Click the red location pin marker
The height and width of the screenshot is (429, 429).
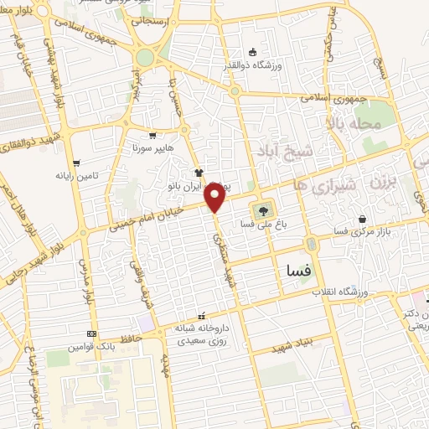tap(215, 198)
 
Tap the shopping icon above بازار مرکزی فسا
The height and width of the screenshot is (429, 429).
tap(362, 218)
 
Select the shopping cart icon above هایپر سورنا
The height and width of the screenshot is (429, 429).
tap(152, 134)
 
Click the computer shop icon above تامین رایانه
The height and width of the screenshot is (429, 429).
tap(77, 163)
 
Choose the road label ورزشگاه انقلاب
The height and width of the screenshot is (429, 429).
tap(342, 292)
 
